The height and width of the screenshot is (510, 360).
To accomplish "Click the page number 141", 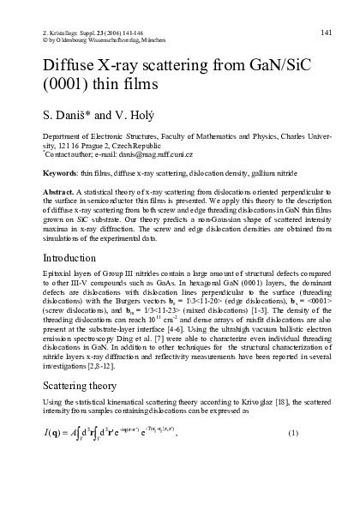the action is click(327, 9).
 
